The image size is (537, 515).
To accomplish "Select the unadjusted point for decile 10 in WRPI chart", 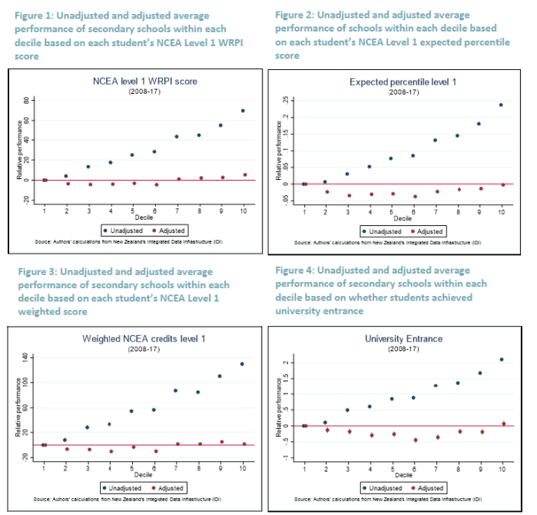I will [243, 111].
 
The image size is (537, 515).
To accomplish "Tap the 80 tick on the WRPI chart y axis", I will [25, 101].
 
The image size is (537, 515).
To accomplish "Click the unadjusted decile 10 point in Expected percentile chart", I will [502, 105].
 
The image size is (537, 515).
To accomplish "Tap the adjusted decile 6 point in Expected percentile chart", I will [415, 197].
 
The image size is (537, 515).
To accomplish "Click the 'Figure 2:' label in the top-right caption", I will [296, 15].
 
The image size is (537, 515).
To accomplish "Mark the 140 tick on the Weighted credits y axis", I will [25, 357].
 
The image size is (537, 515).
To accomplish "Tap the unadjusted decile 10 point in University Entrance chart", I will [502, 359].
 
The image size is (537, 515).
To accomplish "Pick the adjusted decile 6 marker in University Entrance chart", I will [415, 440].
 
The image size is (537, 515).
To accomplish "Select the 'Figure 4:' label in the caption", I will [296, 271].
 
